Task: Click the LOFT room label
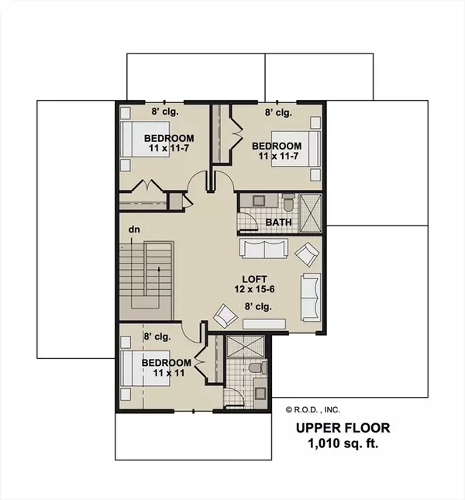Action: (254, 279)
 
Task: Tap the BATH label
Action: (278, 222)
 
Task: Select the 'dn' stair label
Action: (134, 229)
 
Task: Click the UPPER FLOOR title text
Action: (343, 428)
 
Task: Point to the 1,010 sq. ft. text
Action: (343, 443)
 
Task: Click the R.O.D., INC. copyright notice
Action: (312, 410)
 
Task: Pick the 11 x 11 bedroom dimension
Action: (169, 373)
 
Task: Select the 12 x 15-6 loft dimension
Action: (254, 289)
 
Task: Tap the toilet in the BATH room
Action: (288, 203)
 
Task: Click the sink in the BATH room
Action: (257, 201)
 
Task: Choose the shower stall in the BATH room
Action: (311, 212)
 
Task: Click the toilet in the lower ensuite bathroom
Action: (258, 367)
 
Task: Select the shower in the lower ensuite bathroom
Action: (246, 347)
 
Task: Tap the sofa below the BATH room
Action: (264, 248)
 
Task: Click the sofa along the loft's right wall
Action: (311, 297)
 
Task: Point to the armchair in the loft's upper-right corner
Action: (307, 254)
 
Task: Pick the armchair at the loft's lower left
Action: (226, 316)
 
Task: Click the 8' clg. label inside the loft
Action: (258, 306)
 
